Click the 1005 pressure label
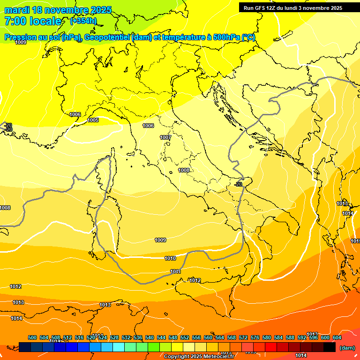pos(93,120)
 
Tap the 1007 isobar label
pos(165,137)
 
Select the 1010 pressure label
pos(170,259)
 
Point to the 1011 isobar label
pos(175,271)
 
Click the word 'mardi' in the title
pos(17,10)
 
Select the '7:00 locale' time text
pos(33,21)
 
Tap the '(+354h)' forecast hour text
pos(83,21)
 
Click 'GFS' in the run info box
pos(261,8)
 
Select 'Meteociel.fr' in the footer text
pos(218,357)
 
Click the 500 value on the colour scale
pos(32,337)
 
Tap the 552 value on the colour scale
pos(185,337)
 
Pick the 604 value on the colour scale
pos(337,337)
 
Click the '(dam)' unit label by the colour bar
pos(346,348)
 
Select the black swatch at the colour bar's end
pos(330,347)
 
